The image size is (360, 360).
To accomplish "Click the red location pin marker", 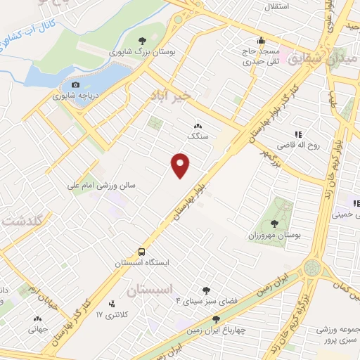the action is coord(181,165).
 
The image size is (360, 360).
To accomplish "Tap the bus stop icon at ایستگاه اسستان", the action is coord(143,251).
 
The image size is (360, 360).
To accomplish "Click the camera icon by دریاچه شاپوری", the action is coord(75,85).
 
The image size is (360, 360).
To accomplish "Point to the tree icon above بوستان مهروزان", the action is coord(274,223).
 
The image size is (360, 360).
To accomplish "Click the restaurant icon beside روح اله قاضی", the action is coord(298,134).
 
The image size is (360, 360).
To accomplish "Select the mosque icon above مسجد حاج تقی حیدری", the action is coord(262,40).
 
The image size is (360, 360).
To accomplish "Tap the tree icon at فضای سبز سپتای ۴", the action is coord(206,290).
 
